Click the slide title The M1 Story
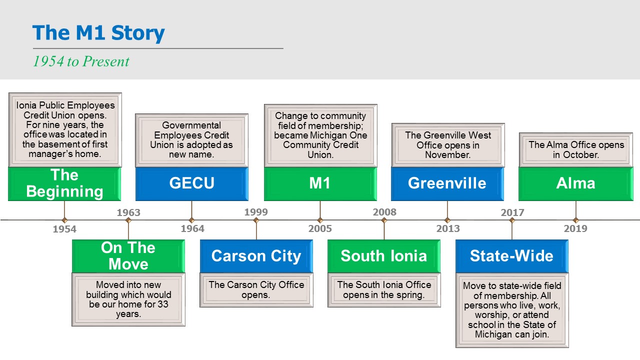point(98,33)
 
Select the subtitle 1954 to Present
point(81,61)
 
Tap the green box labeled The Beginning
point(64,183)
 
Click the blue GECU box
point(191,183)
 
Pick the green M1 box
point(320,183)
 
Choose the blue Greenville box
point(447,183)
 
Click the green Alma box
point(575,183)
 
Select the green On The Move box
point(128,256)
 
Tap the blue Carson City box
point(256,256)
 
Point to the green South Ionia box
point(384,256)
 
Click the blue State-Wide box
point(511,256)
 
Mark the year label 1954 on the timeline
point(64,229)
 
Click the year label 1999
point(256,212)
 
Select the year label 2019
point(575,229)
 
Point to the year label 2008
point(384,212)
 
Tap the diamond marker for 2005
point(320,220)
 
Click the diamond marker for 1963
point(128,220)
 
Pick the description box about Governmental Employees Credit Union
point(191,140)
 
